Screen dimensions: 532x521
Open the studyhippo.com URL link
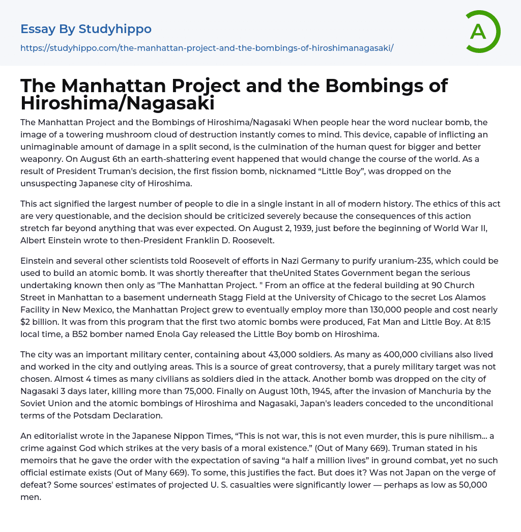point(207,48)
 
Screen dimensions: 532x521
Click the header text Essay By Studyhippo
point(86,29)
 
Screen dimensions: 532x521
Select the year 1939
point(131,228)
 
